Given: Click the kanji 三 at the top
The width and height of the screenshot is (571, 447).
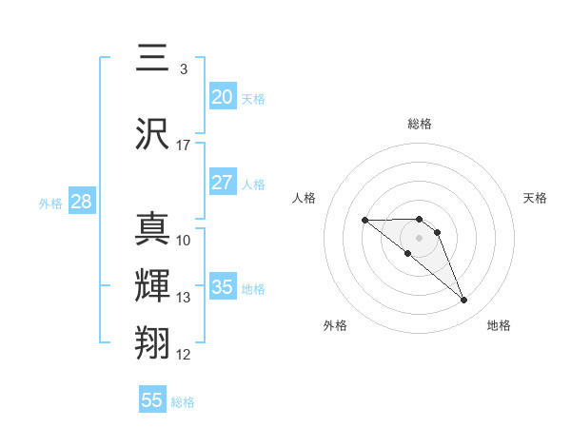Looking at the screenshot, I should point(153,59).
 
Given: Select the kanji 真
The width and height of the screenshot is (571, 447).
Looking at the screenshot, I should point(153,230).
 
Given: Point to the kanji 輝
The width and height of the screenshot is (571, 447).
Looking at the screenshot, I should point(153,284).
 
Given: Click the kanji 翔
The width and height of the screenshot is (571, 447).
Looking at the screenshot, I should point(153,340).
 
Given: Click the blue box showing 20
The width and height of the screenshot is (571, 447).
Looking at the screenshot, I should point(223,97).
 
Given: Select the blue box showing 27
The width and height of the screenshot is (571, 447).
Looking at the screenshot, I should point(223,183).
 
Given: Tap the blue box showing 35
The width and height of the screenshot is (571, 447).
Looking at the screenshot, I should point(223,287).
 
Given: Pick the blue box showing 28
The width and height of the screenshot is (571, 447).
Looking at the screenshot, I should point(80,202).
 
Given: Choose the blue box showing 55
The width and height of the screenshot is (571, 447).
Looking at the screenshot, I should point(152,400).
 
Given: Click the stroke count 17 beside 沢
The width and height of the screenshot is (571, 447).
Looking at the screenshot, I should point(184,145).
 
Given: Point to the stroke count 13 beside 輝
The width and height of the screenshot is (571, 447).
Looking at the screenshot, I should point(184,298).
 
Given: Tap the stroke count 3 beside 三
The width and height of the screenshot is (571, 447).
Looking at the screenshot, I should point(183,69).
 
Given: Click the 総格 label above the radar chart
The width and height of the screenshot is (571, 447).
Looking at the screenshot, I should point(420,125).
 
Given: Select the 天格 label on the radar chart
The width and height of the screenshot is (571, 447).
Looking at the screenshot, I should point(536,198).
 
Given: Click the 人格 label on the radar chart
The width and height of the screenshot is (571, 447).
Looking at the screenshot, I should point(305,198).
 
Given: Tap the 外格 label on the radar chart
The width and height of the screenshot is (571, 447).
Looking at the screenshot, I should point(335,325).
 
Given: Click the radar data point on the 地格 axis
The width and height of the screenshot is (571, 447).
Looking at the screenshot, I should point(463,301).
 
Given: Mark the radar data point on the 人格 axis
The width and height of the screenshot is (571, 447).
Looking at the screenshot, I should point(365,221).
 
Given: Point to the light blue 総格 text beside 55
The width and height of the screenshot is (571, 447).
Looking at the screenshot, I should point(183,402).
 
